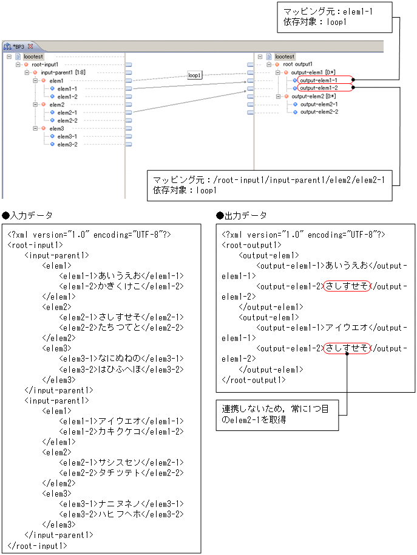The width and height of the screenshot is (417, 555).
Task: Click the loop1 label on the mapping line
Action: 194,76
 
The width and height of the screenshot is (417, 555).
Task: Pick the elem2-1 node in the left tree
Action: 67,112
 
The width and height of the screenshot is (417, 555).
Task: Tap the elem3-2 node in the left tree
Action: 67,144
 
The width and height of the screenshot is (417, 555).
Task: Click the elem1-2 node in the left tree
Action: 67,96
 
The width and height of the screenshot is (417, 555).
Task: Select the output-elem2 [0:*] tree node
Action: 313,96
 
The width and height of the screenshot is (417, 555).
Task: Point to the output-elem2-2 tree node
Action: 319,112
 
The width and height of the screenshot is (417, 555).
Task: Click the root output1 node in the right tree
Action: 297,64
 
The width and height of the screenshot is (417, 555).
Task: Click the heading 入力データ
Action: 30,216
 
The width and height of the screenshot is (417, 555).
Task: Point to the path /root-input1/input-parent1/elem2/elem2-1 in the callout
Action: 295,180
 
